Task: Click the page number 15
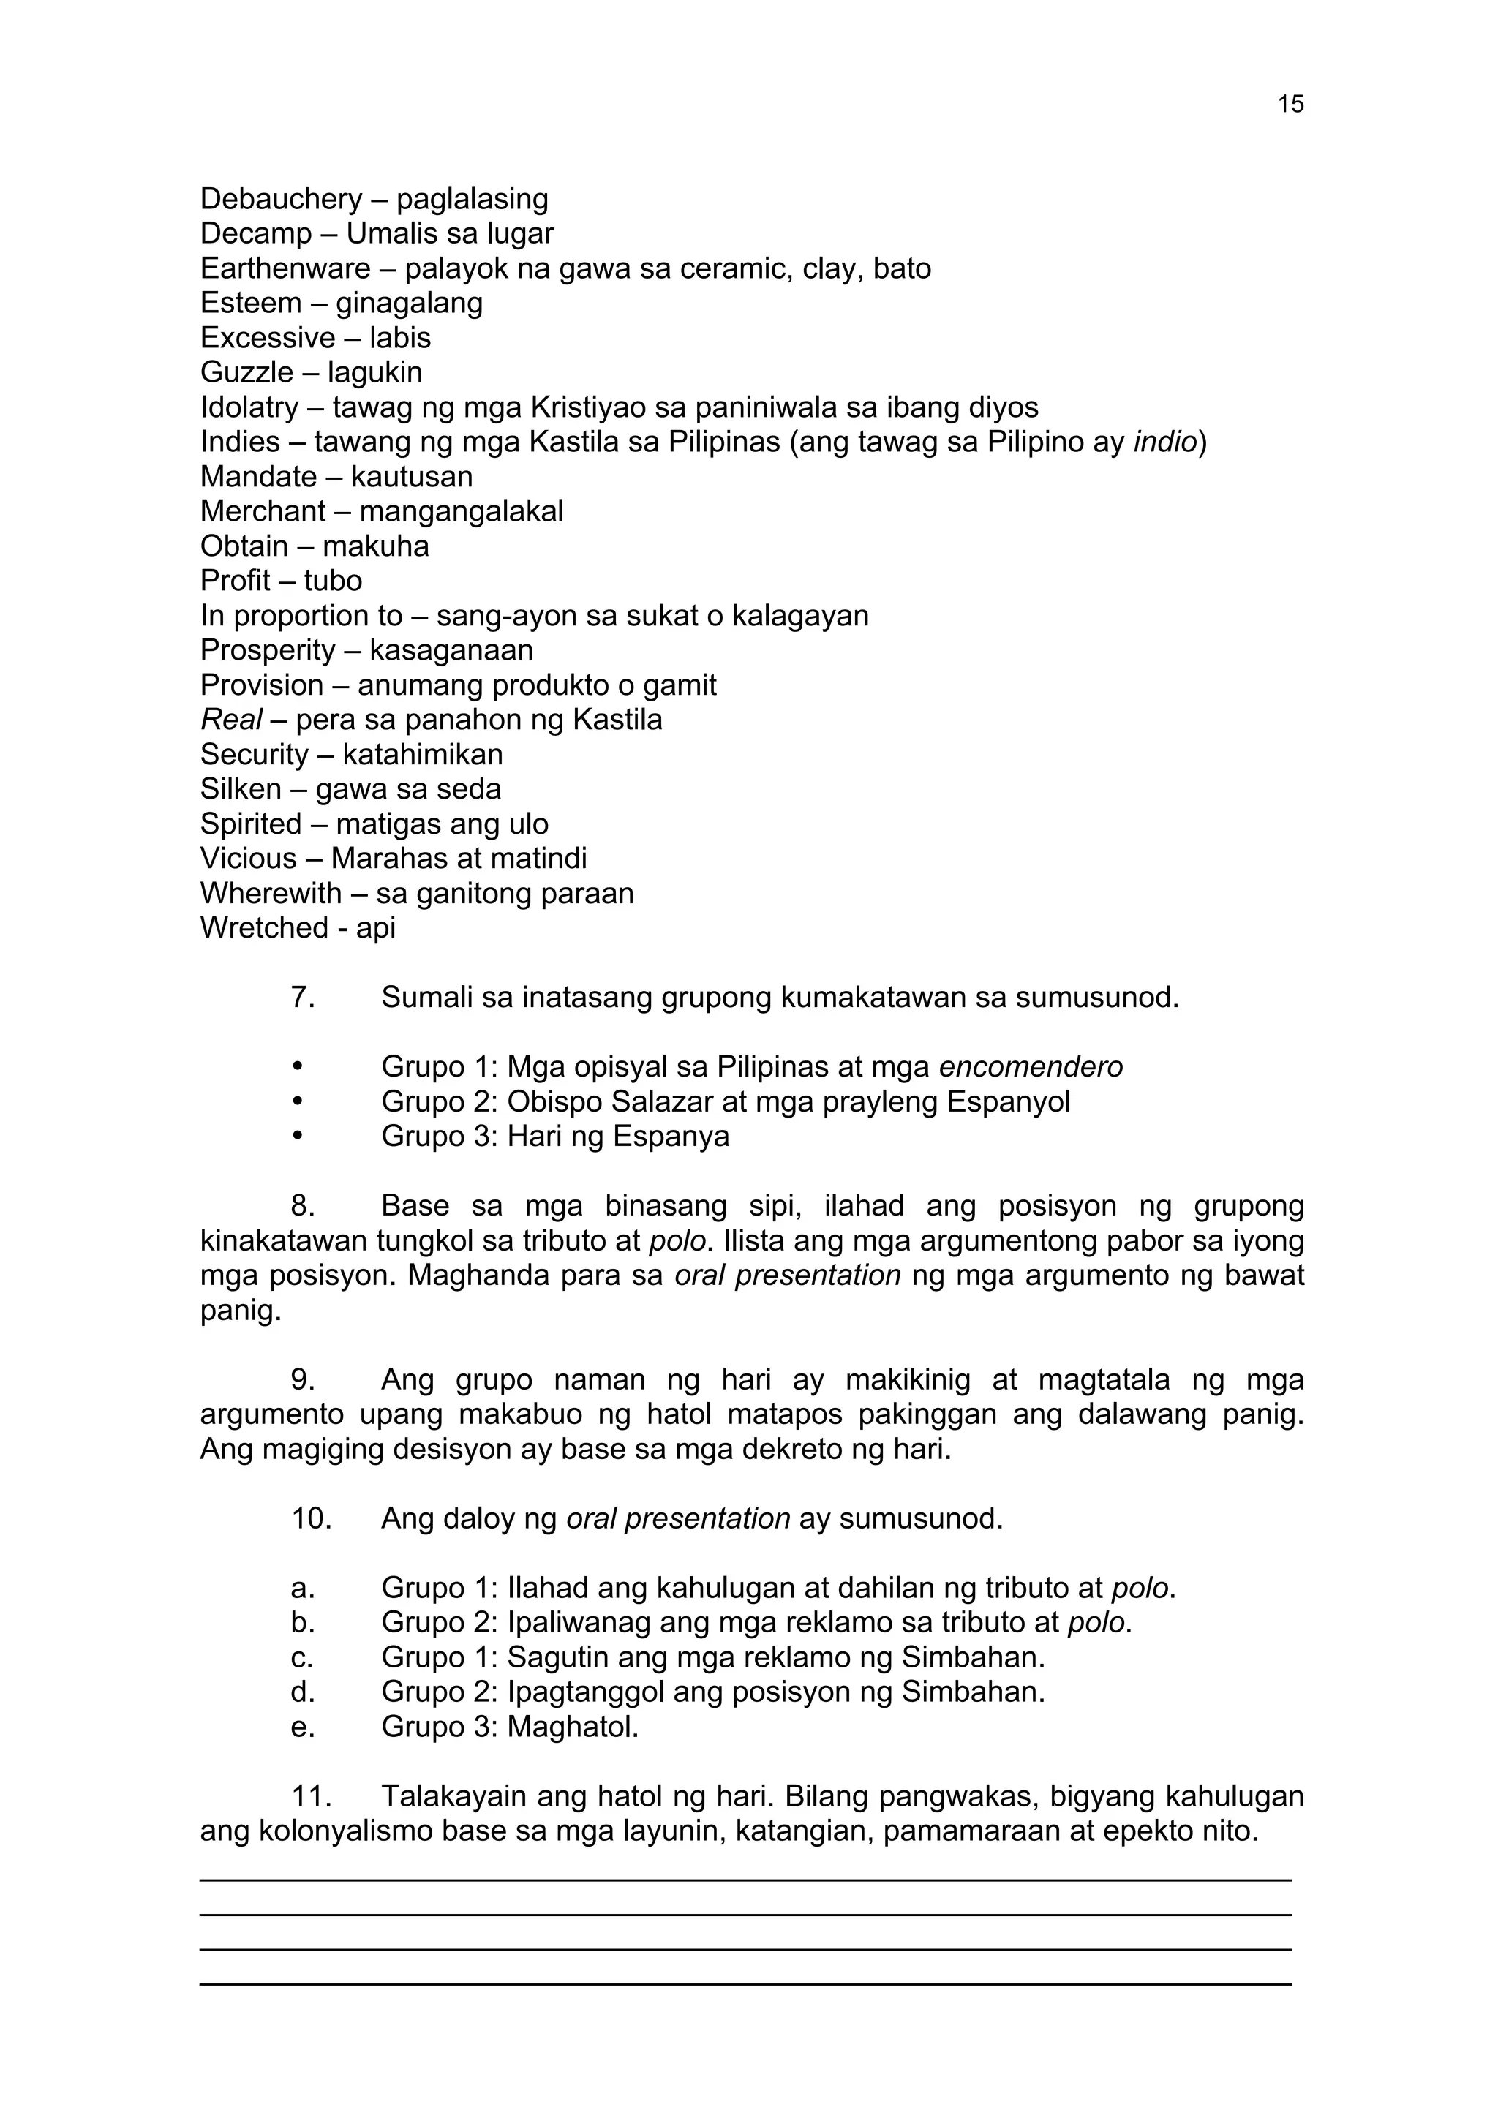coord(1290,105)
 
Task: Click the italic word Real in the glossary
coord(230,720)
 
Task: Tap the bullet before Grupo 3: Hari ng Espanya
coord(297,1136)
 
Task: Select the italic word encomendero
coord(1031,1066)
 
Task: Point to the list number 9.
coord(303,1379)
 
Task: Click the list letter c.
coord(301,1658)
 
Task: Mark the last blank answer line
coord(745,1983)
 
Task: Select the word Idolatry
coord(249,408)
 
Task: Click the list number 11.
coord(311,1796)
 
